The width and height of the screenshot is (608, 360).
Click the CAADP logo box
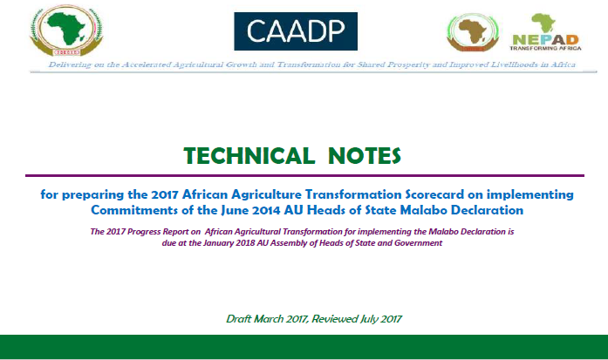pos(296,31)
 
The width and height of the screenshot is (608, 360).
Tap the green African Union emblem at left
pos(66,31)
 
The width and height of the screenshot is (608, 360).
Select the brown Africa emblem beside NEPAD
pos(473,32)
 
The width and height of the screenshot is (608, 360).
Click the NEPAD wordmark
pos(545,40)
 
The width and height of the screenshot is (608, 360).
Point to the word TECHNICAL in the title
pos(249,156)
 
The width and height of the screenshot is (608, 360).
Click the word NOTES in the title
pos(364,156)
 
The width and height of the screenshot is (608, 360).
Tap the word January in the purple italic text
pos(219,243)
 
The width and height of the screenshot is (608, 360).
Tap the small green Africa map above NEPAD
pos(543,23)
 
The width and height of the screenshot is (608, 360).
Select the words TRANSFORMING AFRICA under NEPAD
pos(545,49)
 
